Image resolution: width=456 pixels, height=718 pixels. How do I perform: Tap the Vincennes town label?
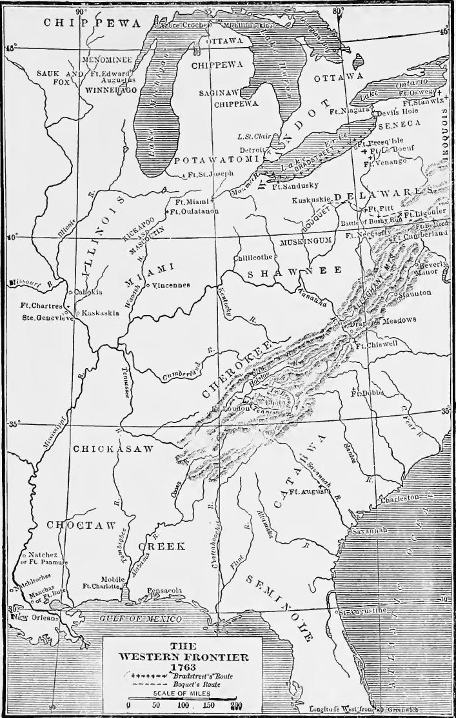(x=170, y=285)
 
